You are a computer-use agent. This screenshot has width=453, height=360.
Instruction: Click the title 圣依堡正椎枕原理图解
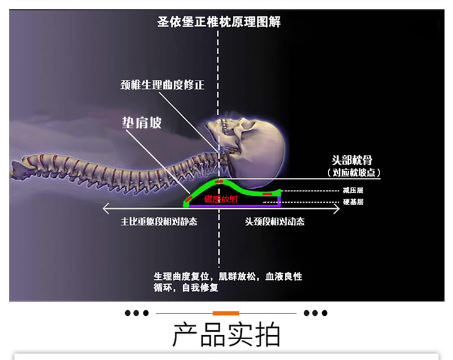pyautogui.click(x=218, y=22)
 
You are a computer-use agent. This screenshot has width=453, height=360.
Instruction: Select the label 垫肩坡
pyautogui.click(x=142, y=122)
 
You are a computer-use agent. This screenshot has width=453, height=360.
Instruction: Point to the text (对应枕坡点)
pyautogui.click(x=356, y=172)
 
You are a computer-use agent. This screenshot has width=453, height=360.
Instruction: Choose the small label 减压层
pyautogui.click(x=354, y=189)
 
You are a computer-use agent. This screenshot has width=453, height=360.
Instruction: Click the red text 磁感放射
pyautogui.click(x=221, y=199)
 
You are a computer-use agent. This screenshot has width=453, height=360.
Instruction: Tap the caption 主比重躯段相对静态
pyautogui.click(x=159, y=222)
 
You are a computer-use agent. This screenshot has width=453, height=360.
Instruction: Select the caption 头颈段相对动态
pyautogui.click(x=274, y=222)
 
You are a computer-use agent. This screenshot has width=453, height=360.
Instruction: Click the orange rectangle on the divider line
pyautogui.click(x=226, y=313)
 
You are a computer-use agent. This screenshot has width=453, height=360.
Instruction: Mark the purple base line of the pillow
pyautogui.click(x=233, y=205)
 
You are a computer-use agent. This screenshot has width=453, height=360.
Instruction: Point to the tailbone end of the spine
pyautogui.click(x=15, y=169)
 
